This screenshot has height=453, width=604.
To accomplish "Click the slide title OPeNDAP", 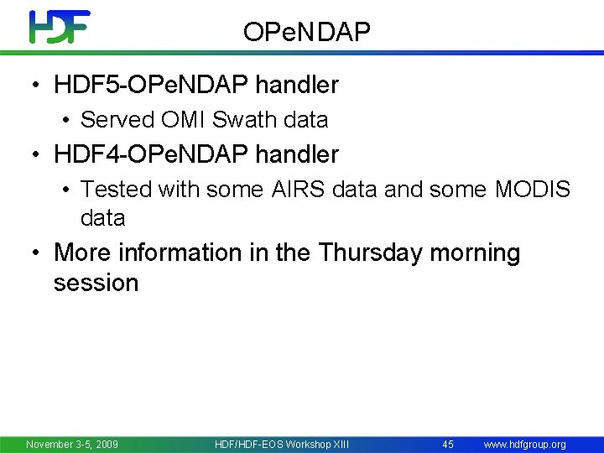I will pos(306,32).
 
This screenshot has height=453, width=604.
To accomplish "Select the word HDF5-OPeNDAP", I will pos(151,85).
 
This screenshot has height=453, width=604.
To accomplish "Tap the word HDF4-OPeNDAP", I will pos(151,154).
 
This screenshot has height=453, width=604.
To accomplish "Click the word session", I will pos(96,283).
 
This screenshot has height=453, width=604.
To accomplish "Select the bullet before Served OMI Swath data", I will pos(65,121).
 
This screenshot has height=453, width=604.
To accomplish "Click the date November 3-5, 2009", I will pos(72,444).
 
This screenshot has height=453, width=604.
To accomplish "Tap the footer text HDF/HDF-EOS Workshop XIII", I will pos(281,444).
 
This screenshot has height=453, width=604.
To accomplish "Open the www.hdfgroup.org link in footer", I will pos(524,444).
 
